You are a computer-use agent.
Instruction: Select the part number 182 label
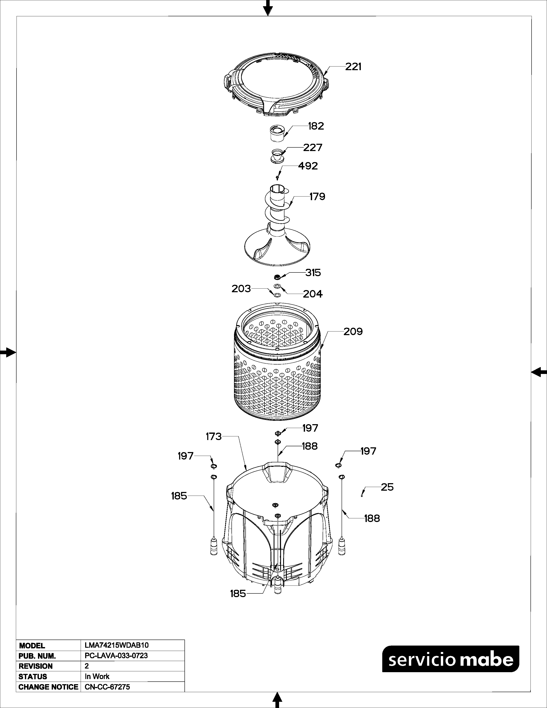(316, 126)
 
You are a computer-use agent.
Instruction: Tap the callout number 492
(308, 166)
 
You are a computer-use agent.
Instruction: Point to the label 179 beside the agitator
(317, 197)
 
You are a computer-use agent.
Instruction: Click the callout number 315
(313, 273)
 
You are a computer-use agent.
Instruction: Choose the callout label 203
(241, 289)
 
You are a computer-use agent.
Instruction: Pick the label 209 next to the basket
(353, 332)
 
